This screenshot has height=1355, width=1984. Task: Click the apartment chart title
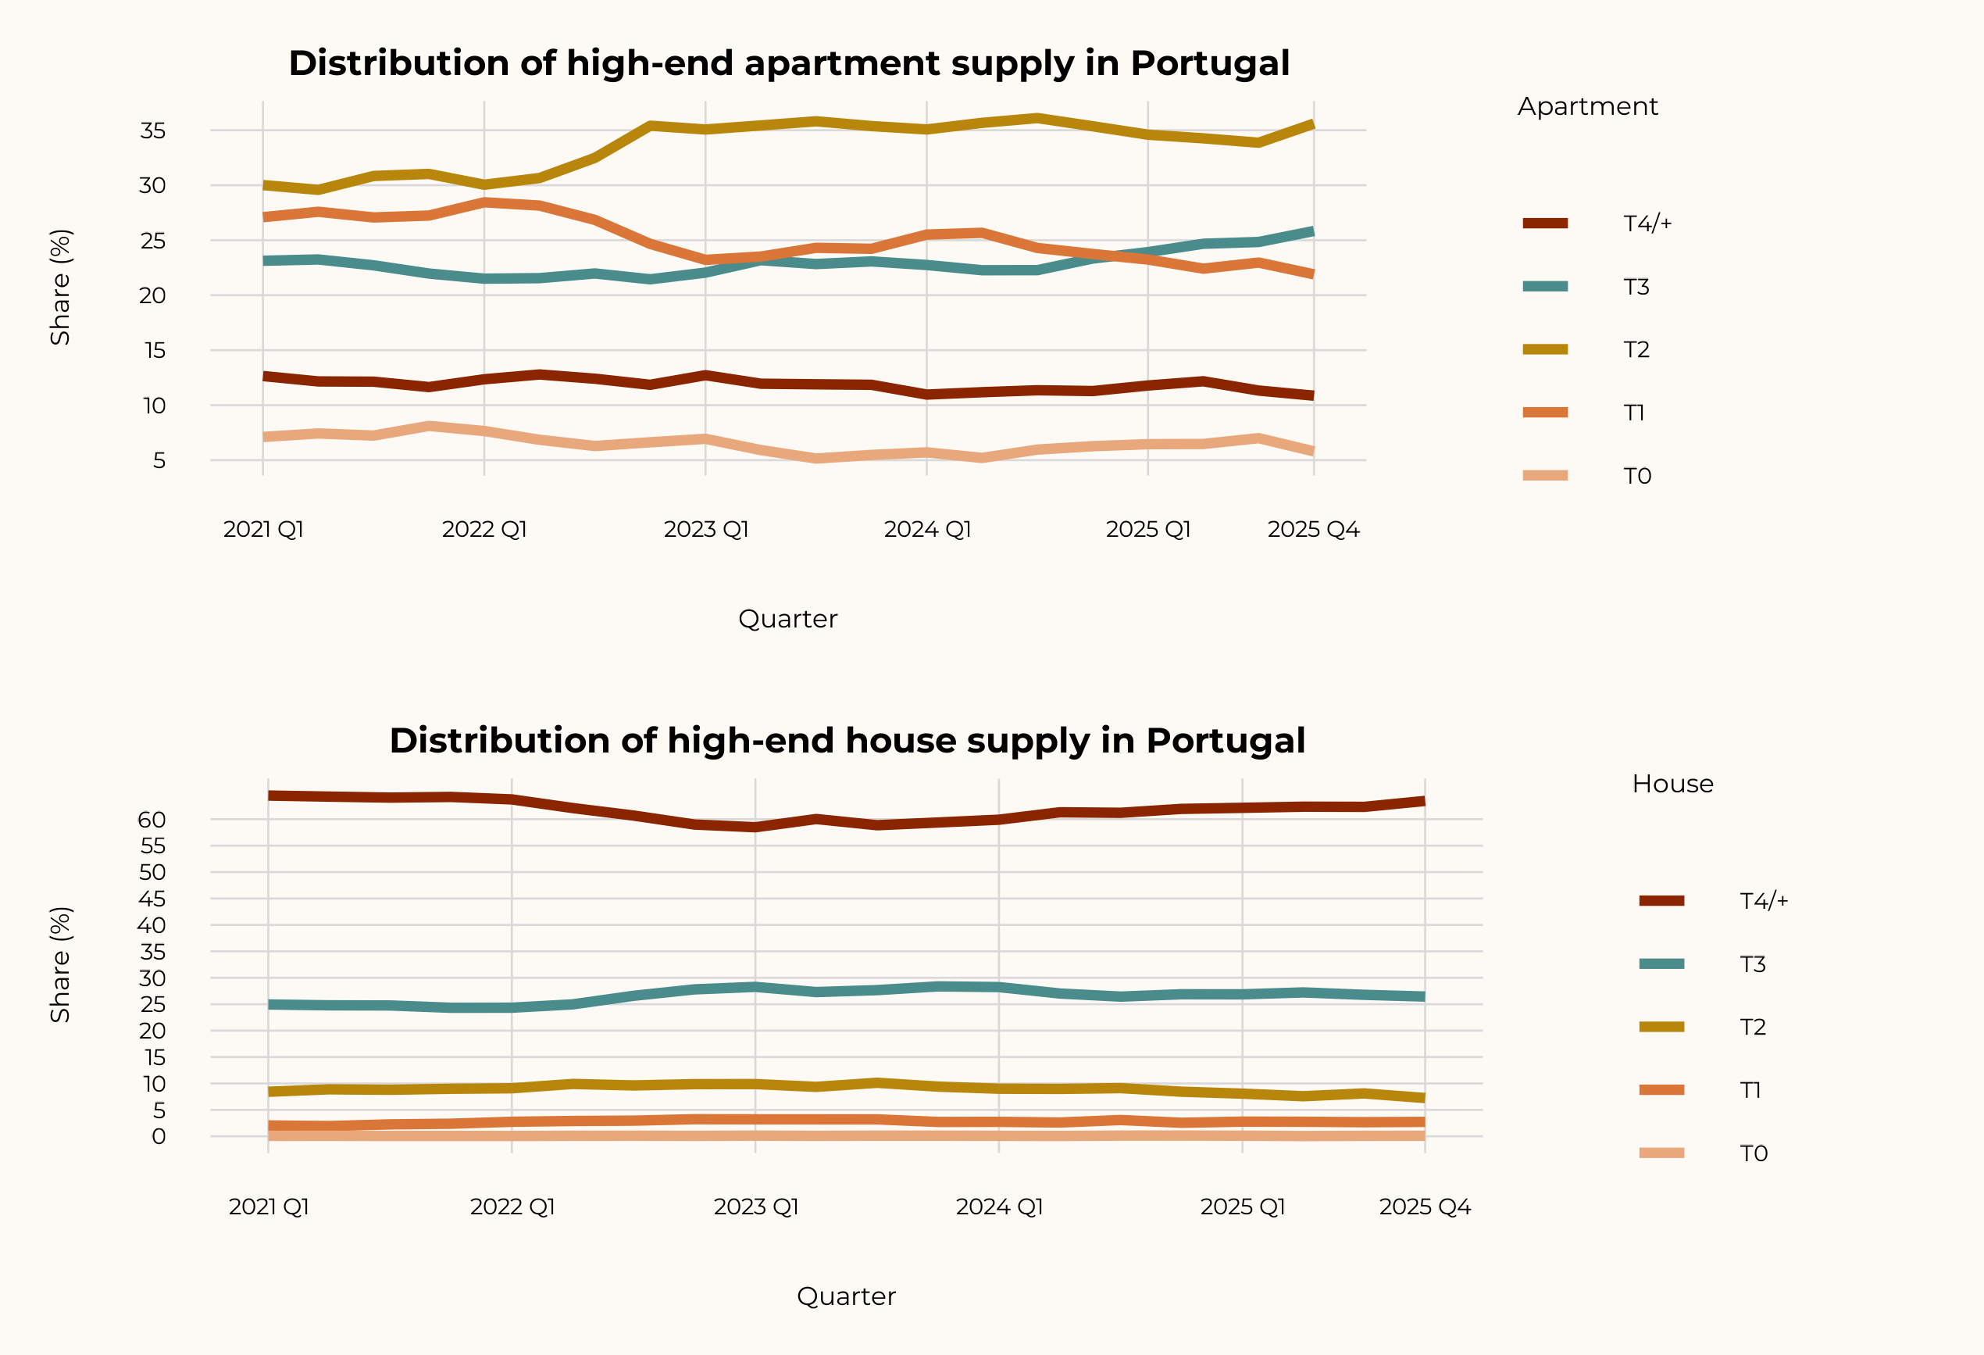(x=789, y=63)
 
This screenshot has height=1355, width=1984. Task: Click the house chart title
(x=847, y=740)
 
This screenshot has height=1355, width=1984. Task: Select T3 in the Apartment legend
(x=1636, y=287)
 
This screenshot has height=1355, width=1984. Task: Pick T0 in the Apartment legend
(x=1636, y=476)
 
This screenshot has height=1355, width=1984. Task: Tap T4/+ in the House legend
(x=1763, y=901)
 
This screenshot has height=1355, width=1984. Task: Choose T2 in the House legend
(x=1752, y=1027)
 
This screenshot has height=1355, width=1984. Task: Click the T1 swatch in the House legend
(x=1661, y=1090)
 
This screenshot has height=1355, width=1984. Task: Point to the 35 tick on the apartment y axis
(x=153, y=130)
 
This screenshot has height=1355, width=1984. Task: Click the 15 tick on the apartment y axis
(x=155, y=351)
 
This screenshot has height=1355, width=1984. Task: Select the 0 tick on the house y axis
(x=159, y=1136)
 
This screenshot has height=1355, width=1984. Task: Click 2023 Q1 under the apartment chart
(x=706, y=529)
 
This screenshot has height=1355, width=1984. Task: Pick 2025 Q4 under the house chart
(x=1424, y=1207)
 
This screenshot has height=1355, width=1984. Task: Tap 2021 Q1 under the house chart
(x=269, y=1207)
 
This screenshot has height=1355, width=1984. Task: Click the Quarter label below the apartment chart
(x=787, y=619)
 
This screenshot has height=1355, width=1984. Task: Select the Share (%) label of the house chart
(x=60, y=964)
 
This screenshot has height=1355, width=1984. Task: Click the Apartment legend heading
(x=1587, y=107)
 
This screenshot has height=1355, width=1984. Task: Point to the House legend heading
(x=1672, y=784)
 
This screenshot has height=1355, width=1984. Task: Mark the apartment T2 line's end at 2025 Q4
(x=1312, y=126)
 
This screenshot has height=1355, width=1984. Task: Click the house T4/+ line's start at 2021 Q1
(x=269, y=795)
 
